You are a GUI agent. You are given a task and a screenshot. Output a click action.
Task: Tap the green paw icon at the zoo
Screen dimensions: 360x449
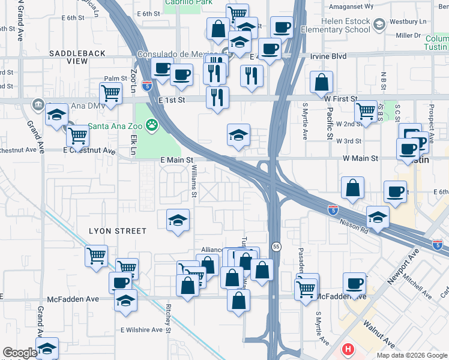pos(154,126)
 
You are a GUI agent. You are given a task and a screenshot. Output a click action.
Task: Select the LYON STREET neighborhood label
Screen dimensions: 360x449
pos(118,231)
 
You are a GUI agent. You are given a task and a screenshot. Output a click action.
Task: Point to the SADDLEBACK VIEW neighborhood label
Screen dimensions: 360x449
pos(77,57)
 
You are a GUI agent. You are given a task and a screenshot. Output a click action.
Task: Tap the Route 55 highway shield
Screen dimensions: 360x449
pos(276,247)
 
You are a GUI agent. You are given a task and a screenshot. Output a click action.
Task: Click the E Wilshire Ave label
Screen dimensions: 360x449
pos(142,329)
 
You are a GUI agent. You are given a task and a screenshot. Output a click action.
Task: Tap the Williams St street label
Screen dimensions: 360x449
pos(194,182)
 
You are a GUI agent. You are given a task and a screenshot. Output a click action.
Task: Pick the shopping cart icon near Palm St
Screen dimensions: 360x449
pos(111,93)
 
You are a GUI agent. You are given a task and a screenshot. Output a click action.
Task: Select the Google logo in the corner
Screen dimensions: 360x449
pos(20,353)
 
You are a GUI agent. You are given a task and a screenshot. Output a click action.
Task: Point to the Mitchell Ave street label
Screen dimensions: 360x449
pos(417,286)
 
